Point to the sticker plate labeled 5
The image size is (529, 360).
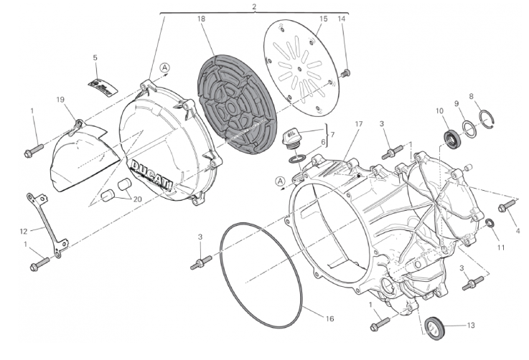click(103, 87)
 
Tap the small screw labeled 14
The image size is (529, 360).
click(345, 73)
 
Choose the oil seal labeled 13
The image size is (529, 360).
click(434, 328)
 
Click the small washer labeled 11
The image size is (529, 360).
click(490, 223)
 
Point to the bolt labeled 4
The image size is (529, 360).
click(507, 206)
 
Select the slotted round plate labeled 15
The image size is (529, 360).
click(299, 67)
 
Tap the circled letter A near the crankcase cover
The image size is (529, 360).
click(281, 181)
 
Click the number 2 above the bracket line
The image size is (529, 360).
click(254, 6)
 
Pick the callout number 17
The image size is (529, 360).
click(359, 124)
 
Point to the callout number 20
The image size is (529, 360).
click(137, 199)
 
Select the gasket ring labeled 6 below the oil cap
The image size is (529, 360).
click(298, 158)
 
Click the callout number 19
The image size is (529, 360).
click(60, 100)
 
